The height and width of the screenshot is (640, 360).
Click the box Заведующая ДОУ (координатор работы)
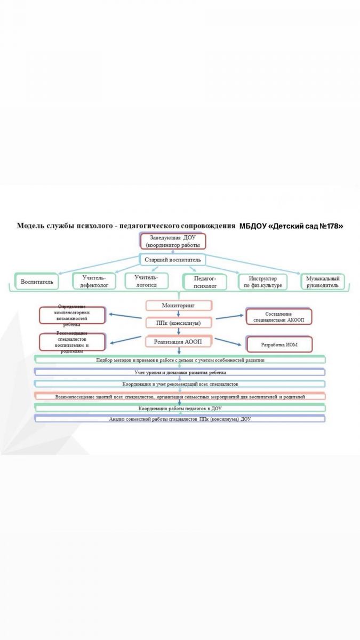click(x=172, y=241)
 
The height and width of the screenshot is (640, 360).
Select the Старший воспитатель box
click(x=172, y=260)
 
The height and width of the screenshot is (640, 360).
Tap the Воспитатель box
click(x=37, y=281)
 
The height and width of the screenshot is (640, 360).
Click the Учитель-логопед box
click(x=146, y=281)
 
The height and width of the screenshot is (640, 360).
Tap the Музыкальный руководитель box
click(x=323, y=281)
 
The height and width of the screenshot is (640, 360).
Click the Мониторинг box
click(x=179, y=306)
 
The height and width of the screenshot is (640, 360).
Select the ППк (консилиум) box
click(x=179, y=323)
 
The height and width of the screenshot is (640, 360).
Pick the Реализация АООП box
click(x=179, y=341)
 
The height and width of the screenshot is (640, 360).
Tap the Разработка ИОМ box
click(x=278, y=345)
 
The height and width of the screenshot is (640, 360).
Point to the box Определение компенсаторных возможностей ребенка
click(x=73, y=315)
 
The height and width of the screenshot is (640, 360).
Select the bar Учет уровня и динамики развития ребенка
click(x=180, y=372)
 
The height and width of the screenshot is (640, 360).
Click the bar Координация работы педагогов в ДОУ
click(x=180, y=408)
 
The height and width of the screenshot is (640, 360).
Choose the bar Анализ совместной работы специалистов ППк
click(x=180, y=419)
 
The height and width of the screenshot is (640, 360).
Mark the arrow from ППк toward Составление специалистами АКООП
click(x=229, y=318)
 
